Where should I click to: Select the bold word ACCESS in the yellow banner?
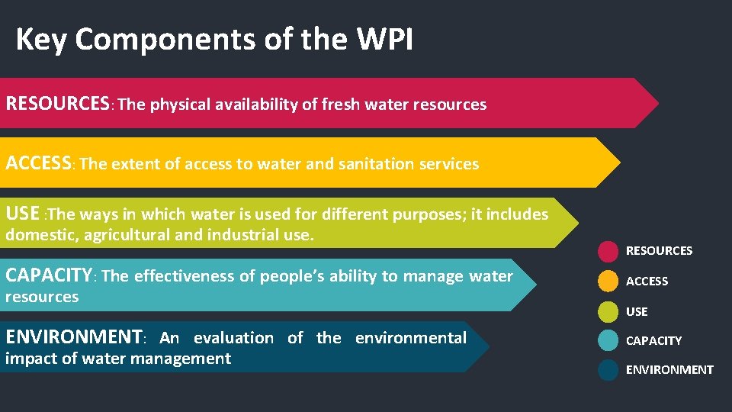click(x=39, y=163)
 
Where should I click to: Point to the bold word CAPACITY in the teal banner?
click(x=49, y=275)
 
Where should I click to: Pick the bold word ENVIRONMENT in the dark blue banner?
click(x=74, y=336)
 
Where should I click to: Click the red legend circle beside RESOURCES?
click(x=608, y=251)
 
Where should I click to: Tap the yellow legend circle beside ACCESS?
click(x=608, y=281)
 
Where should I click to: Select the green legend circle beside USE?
click(x=608, y=311)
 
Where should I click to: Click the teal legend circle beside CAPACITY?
click(x=608, y=340)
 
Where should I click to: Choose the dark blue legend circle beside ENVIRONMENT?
click(x=608, y=370)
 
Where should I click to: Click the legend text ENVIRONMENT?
click(x=669, y=370)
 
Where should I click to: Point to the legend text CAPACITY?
click(x=653, y=341)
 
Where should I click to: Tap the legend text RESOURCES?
click(x=659, y=251)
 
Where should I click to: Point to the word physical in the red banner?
click(x=177, y=105)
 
